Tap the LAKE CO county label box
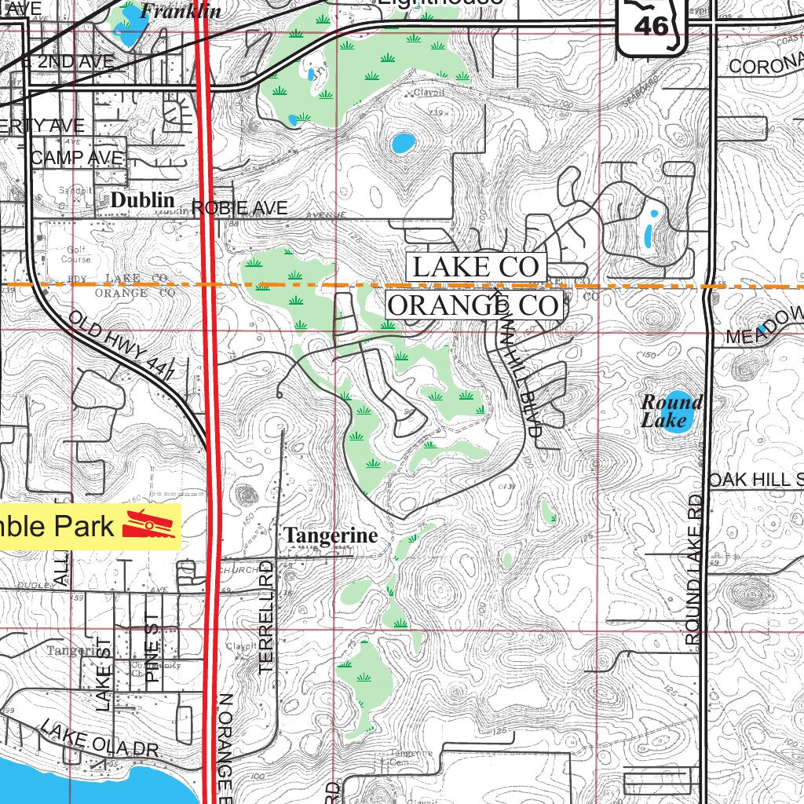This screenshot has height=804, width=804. click(x=476, y=267)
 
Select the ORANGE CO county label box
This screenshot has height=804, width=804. click(x=473, y=305)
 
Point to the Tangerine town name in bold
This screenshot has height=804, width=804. click(x=331, y=535)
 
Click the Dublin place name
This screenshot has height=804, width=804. click(x=143, y=200)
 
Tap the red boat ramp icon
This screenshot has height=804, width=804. click(x=148, y=525)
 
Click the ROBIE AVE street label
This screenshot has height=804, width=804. click(x=239, y=208)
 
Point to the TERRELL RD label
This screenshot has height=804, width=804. click(x=265, y=616)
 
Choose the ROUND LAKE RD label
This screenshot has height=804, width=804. click(x=694, y=569)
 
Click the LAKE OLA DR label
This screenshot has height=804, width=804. click(x=100, y=740)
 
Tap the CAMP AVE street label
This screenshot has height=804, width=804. click(x=78, y=158)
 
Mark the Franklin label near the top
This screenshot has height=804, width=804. click(x=181, y=11)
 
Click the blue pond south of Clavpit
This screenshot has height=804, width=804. click(x=402, y=143)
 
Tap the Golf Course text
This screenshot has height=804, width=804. click(x=79, y=253)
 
